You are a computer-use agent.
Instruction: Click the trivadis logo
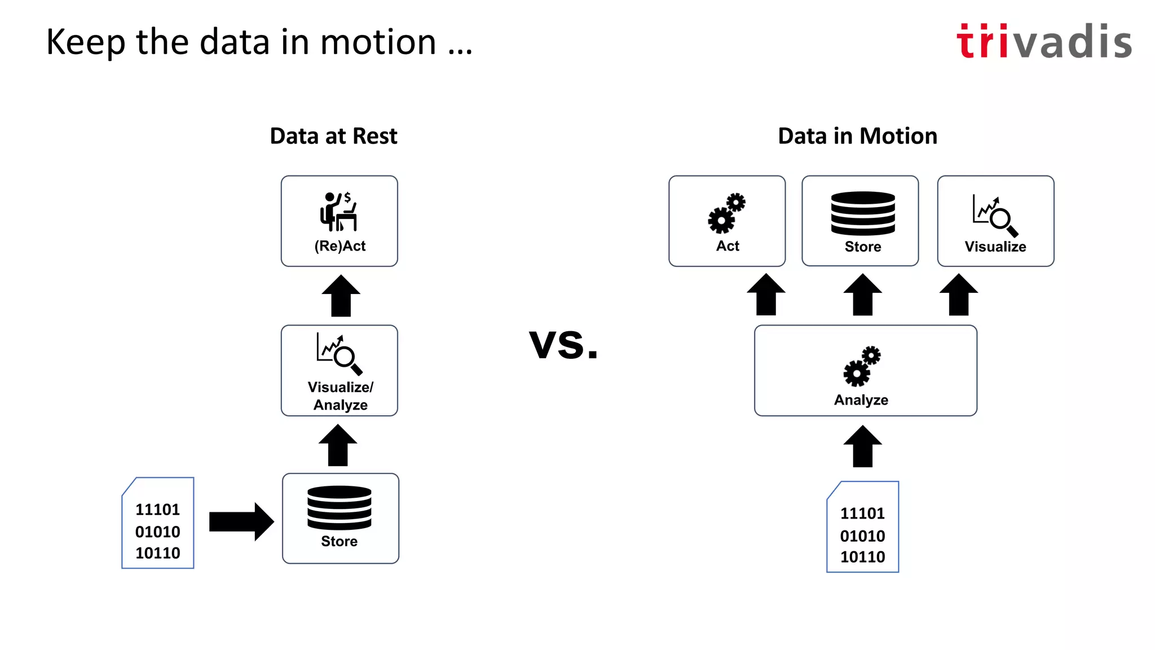(1043, 42)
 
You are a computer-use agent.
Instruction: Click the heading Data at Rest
(333, 137)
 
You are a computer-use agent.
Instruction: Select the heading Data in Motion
(857, 137)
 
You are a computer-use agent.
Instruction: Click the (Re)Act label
(340, 246)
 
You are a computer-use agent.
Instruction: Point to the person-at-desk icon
(338, 212)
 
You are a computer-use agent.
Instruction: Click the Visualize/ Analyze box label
(340, 396)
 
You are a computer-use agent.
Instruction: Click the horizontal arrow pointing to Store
(241, 522)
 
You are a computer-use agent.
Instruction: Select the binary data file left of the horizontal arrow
(158, 524)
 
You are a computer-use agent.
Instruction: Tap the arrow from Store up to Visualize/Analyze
(338, 446)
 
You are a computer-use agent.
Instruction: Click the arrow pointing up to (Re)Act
(341, 296)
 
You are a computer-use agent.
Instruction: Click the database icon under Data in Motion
(862, 213)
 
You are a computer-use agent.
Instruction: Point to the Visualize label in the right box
(995, 247)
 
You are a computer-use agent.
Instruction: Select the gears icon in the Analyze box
(862, 366)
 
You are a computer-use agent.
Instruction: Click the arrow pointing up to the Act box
(766, 295)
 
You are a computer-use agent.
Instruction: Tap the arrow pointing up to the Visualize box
(959, 295)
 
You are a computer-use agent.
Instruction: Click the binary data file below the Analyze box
(863, 527)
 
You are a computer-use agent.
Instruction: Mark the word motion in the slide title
(378, 42)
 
